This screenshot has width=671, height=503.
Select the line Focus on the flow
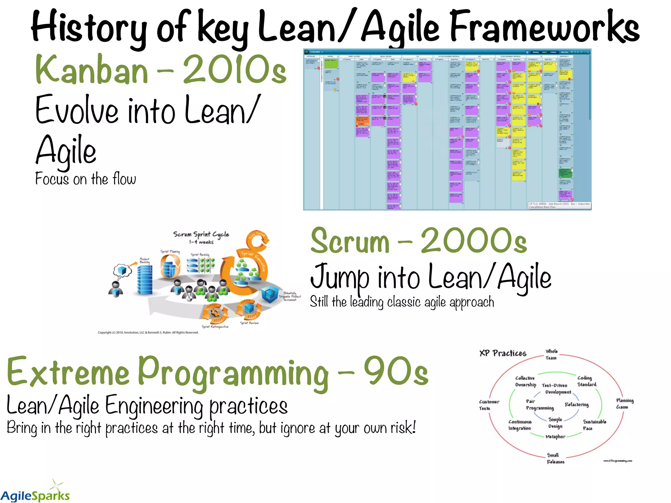pos(85,179)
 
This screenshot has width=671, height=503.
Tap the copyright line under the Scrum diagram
pos(148,332)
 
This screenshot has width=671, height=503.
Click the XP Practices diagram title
pos(503,353)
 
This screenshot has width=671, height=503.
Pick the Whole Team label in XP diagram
pos(551,355)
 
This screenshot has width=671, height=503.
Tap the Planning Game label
pos(624,403)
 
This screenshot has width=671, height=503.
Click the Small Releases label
pos(555,458)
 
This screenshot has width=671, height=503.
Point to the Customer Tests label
pos(489,405)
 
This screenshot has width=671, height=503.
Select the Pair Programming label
pos(539,405)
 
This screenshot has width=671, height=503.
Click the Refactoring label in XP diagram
pos(577,405)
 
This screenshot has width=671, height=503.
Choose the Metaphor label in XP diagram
pos(555,437)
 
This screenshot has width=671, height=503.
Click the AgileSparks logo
pos(35,493)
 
